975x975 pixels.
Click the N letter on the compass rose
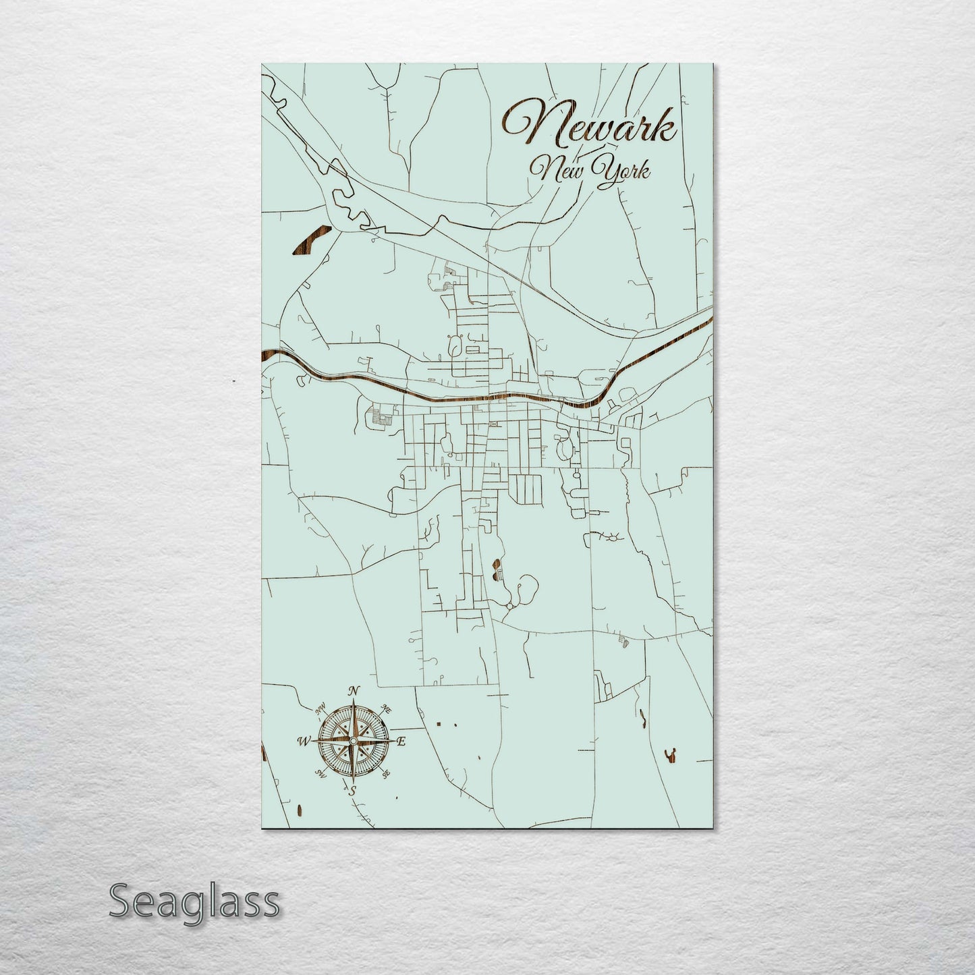[x=352, y=691]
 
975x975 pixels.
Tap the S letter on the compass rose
[x=351, y=791]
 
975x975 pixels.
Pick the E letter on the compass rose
[x=401, y=742]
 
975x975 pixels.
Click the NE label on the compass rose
[x=387, y=708]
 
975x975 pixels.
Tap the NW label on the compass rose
[x=320, y=709]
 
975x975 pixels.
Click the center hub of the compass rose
[x=352, y=741]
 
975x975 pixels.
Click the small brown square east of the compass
[x=439, y=723]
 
